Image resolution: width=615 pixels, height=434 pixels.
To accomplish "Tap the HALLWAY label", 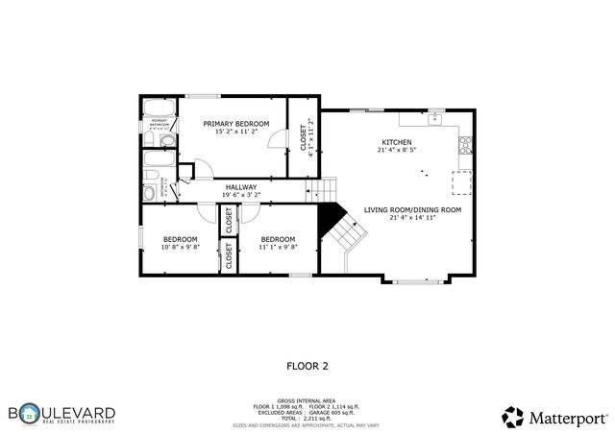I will (x=241, y=187).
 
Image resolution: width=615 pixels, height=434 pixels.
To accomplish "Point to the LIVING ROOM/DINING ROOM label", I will (x=412, y=209).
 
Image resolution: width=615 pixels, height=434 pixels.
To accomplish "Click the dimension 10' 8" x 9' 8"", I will (x=180, y=247).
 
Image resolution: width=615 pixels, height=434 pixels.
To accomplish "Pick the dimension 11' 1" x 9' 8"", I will (x=278, y=247).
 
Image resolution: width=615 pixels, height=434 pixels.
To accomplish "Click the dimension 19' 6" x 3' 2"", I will (x=241, y=195).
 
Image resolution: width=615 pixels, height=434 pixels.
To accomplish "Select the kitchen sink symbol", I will (x=434, y=118).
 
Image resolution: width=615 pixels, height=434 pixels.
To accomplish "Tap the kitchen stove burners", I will (x=465, y=146).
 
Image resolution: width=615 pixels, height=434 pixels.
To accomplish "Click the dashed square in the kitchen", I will (x=462, y=181).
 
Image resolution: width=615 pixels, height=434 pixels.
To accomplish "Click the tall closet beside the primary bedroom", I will (x=304, y=136).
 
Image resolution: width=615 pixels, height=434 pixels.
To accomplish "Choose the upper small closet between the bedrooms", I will (x=229, y=220).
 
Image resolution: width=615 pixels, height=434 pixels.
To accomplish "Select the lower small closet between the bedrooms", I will (x=229, y=256).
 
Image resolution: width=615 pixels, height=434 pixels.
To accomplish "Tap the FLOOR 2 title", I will (x=307, y=366).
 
